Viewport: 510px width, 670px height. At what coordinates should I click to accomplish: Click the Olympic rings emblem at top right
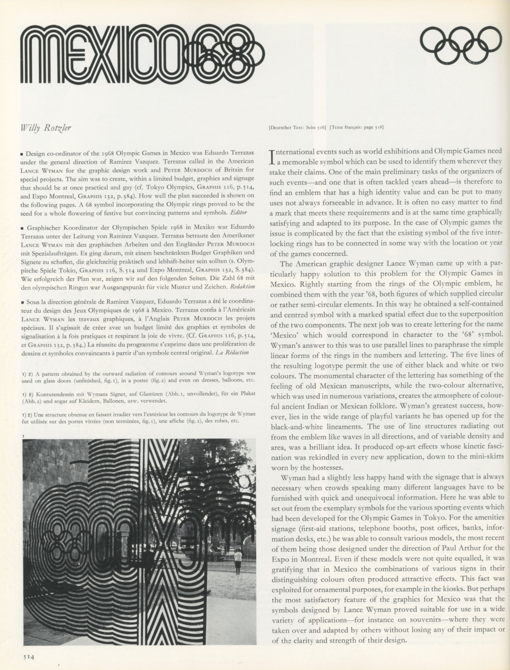coord(461,45)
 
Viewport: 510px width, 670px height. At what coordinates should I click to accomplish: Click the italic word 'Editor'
coord(239,213)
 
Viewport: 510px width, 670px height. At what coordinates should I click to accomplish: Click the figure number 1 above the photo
coord(23,437)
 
